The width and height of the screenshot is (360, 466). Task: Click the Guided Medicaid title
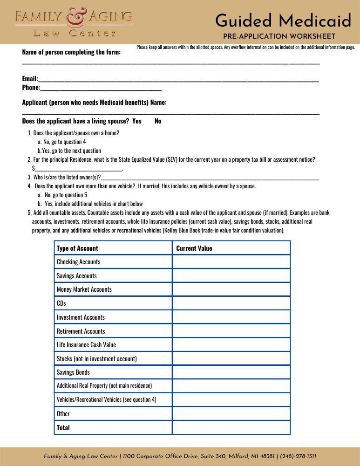pyautogui.click(x=283, y=21)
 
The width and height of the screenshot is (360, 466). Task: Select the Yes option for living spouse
pyautogui.click(x=137, y=121)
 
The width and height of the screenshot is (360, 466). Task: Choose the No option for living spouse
pyautogui.click(x=158, y=121)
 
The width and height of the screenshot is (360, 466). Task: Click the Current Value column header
pyautogui.click(x=194, y=248)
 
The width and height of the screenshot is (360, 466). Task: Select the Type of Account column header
pyautogui.click(x=77, y=248)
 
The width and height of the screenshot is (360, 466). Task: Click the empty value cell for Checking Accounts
pyautogui.click(x=231, y=262)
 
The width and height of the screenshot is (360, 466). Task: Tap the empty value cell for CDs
pyautogui.click(x=231, y=303)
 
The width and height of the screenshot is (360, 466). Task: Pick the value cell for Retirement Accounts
pyautogui.click(x=231, y=331)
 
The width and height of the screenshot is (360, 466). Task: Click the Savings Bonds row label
pyautogui.click(x=73, y=372)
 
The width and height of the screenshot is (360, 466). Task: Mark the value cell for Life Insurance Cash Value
pyautogui.click(x=231, y=345)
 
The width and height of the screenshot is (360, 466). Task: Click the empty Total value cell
pyautogui.click(x=231, y=427)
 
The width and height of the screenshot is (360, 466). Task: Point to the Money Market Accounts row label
pyautogui.click(x=84, y=289)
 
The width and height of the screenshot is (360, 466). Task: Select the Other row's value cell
pyautogui.click(x=231, y=414)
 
